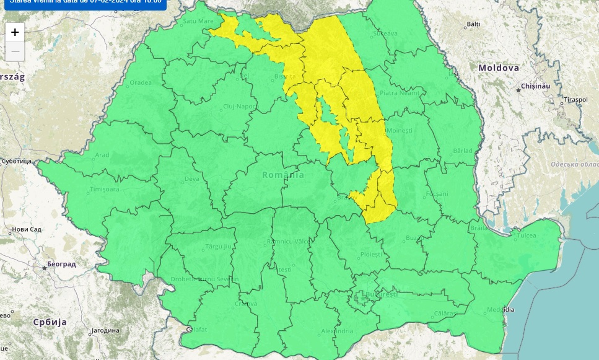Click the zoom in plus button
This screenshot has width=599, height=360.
pos(15,32)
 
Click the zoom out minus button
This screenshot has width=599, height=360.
pos(15,51)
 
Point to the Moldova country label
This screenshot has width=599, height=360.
pos(498,68)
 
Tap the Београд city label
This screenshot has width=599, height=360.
pos(61,264)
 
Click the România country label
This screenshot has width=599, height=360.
pos(283,175)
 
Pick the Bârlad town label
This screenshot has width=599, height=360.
pos(462,151)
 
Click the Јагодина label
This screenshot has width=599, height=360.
pos(105,330)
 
